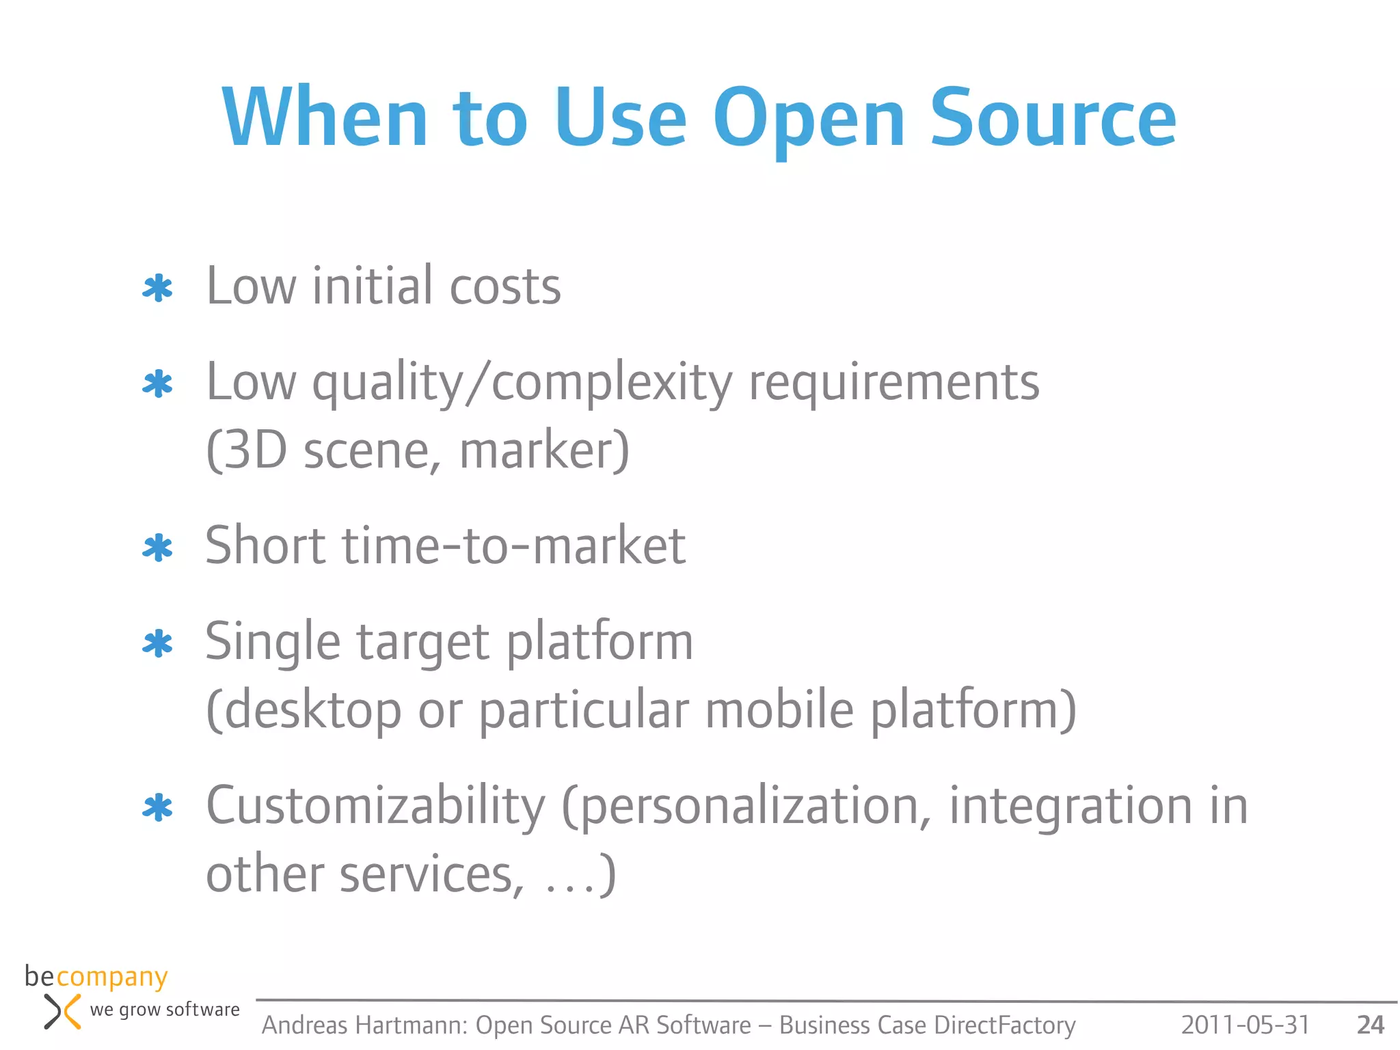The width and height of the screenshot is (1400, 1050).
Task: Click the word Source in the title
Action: (1053, 118)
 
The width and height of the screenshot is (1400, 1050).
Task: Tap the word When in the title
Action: (325, 118)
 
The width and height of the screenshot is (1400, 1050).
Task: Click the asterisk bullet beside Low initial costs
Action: (157, 288)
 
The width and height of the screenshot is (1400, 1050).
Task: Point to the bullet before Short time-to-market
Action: (157, 548)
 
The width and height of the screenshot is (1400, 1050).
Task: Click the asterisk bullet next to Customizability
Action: (157, 808)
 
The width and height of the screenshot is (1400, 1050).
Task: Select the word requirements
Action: (893, 383)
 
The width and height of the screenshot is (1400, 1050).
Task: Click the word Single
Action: (273, 643)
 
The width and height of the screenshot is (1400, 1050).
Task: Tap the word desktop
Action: (312, 711)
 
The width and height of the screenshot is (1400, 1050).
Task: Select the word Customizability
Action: (375, 807)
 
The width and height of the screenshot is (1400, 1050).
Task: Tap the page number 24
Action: (1370, 1025)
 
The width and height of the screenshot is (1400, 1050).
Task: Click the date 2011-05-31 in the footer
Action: (1245, 1025)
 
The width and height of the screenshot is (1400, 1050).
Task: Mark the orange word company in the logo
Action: (111, 978)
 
